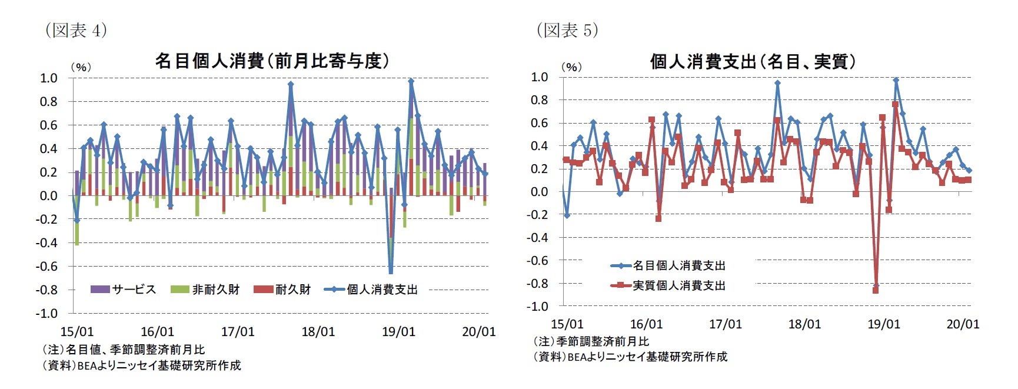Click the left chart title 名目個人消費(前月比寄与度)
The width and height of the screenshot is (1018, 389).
point(272,61)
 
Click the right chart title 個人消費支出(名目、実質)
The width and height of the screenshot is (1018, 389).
point(753,61)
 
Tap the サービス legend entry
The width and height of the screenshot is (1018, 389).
point(124,290)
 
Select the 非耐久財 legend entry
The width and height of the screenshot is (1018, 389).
point(205,290)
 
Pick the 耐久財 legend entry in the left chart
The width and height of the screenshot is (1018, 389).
point(282,290)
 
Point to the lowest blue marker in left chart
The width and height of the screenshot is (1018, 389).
point(391,271)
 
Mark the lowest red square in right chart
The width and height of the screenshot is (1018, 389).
point(876,290)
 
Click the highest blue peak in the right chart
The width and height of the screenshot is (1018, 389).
point(896,80)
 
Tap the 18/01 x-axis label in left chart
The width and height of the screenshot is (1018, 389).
point(318,332)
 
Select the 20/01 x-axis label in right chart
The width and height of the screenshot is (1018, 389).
point(963,324)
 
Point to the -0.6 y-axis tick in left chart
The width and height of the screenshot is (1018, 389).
point(46,266)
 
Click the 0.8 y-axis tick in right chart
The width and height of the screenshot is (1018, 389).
point(539,100)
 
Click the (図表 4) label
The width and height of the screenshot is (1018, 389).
point(76,30)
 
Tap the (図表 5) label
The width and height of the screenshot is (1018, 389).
point(567,30)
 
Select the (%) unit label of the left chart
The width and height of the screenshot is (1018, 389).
point(81,67)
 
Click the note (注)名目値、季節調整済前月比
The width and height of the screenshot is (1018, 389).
point(124,350)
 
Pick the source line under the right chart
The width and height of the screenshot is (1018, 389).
point(630,357)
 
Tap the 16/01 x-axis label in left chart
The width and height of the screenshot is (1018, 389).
point(157,332)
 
